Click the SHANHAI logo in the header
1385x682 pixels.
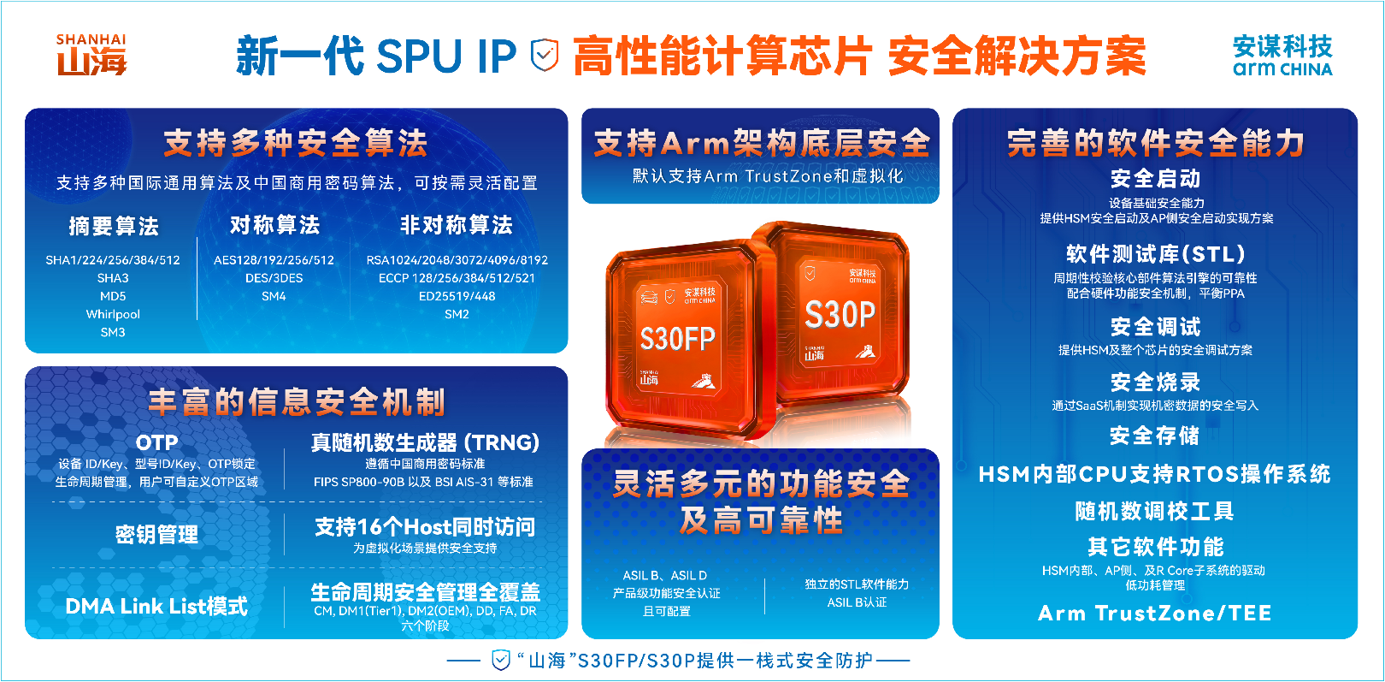pos(91,56)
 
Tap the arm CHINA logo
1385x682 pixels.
pos(1282,56)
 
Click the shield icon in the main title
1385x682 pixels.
pos(545,56)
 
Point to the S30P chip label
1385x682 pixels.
pos(840,315)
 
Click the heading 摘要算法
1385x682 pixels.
pos(114,226)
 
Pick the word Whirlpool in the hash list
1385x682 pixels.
pos(113,314)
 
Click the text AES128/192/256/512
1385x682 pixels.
pos(274,260)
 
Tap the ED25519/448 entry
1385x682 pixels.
pos(457,296)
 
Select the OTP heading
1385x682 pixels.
pos(157,442)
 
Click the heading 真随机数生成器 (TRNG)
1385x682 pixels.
pos(425,442)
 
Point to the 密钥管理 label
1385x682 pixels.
pos(157,535)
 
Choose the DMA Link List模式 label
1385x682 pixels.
pos(156,607)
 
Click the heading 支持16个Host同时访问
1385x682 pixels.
pos(425,527)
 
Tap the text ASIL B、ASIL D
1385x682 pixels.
pos(665,575)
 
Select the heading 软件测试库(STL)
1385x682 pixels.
pos(1155,254)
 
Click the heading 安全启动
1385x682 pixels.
pos(1155,179)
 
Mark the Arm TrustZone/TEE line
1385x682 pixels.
pos(1155,614)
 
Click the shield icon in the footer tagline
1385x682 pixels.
pos(501,660)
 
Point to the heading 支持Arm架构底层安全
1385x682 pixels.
pos(761,143)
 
